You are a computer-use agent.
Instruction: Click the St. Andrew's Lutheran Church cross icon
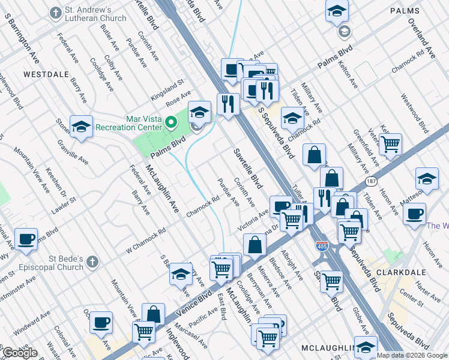(55, 13)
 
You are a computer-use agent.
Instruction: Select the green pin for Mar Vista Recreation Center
(171, 123)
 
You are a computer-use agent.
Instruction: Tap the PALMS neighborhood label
(406, 11)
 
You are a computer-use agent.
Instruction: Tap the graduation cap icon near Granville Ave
(81, 127)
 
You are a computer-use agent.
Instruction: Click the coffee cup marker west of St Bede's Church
(26, 239)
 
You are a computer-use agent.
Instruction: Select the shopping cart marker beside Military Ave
(390, 144)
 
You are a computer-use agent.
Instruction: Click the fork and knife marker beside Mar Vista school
(228, 104)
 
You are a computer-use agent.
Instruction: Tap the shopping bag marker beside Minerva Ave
(255, 244)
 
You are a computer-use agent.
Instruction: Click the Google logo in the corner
(20, 353)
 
